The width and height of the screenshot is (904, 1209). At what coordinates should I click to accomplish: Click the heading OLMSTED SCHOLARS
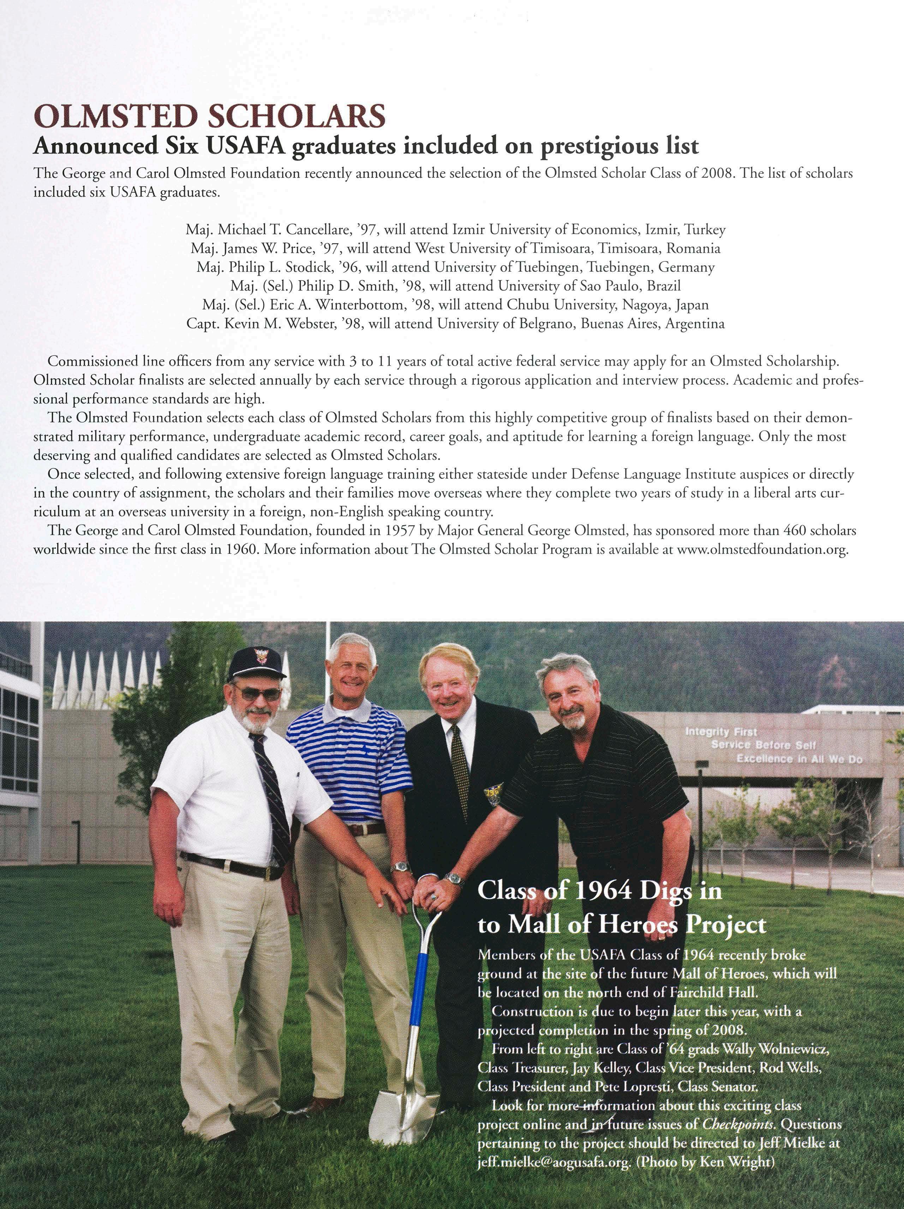[209, 116]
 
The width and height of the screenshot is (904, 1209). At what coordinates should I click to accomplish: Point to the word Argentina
[698, 324]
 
